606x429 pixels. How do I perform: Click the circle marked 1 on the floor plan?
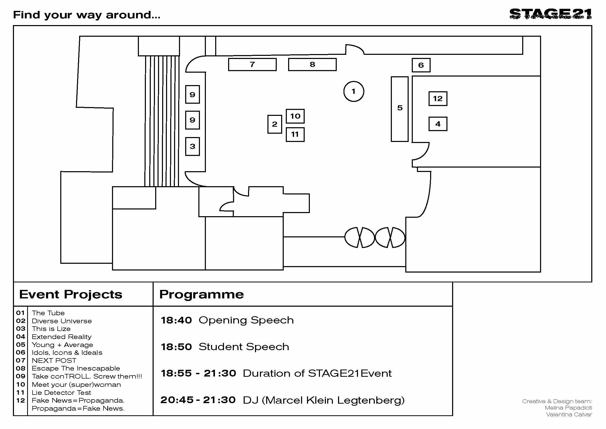354,91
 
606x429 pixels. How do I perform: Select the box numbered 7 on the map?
252,64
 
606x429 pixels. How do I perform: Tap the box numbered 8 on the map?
312,64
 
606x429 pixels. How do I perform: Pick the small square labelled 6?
421,65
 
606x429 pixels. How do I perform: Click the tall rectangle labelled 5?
399,109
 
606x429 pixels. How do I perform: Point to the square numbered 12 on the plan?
437,99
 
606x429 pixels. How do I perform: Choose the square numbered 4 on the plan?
437,124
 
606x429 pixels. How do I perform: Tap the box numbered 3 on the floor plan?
192,146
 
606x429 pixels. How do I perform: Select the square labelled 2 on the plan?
274,124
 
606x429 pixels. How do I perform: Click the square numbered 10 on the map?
295,116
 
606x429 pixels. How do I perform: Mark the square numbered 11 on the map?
295,134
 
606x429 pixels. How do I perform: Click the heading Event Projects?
71,294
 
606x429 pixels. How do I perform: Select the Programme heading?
201,294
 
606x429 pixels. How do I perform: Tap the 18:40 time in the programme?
176,320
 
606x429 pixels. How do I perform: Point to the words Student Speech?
244,347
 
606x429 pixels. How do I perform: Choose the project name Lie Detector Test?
61,393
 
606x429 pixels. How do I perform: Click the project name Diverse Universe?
62,321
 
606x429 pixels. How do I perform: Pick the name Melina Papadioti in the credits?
568,408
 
